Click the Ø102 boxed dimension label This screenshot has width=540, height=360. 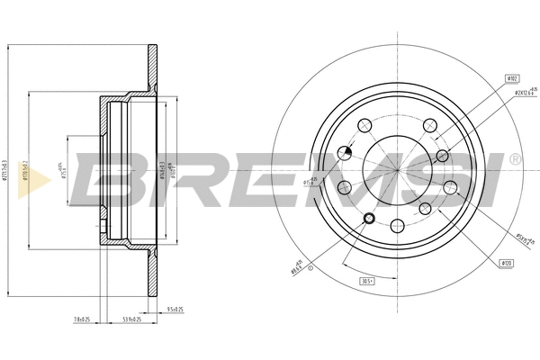(511, 79)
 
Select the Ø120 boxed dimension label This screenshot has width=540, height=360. (507, 262)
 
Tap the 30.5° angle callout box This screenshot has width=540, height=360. (367, 281)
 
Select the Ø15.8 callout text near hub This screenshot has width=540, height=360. (309, 182)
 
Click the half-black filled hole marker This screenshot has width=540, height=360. (345, 152)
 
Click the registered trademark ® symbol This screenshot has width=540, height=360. (514, 159)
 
